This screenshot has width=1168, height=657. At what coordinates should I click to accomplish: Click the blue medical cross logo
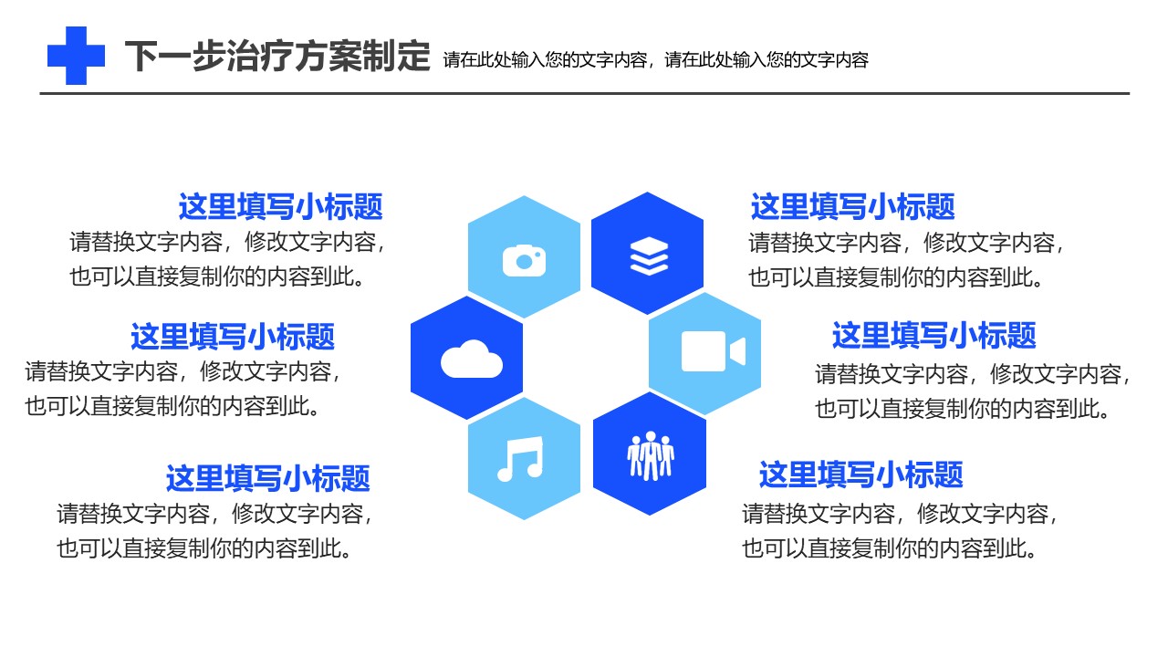[76, 56]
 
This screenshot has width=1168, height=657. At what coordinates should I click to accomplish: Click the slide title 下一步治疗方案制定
[277, 56]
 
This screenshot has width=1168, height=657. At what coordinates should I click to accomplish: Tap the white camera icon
[524, 260]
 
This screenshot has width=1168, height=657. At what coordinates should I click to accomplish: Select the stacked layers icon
[649, 256]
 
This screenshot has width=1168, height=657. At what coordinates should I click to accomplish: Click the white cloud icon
[472, 359]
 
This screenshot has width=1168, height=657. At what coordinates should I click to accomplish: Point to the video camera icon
[714, 351]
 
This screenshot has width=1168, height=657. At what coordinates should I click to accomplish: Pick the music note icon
[520, 458]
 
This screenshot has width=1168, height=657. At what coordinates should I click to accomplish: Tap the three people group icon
[651, 455]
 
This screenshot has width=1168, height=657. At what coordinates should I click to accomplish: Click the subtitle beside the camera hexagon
[280, 206]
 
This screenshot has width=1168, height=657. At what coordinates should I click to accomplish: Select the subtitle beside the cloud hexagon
[233, 337]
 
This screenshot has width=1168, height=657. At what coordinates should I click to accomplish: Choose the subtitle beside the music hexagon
[268, 478]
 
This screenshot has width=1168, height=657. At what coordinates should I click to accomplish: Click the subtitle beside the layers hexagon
[853, 206]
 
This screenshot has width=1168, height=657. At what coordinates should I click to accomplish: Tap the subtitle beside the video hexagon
[933, 335]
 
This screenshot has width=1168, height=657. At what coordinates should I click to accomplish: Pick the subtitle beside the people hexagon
[860, 474]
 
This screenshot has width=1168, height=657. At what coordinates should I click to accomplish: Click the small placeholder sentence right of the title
[656, 60]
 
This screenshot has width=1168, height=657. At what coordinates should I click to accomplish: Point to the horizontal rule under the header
[585, 94]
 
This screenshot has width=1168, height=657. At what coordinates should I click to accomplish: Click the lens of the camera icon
[524, 262]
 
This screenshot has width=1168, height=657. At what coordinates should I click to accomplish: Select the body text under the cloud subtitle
[182, 389]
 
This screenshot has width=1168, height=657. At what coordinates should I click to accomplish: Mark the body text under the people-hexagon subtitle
[900, 531]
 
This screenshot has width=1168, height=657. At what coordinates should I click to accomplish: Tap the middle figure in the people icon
[651, 455]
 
